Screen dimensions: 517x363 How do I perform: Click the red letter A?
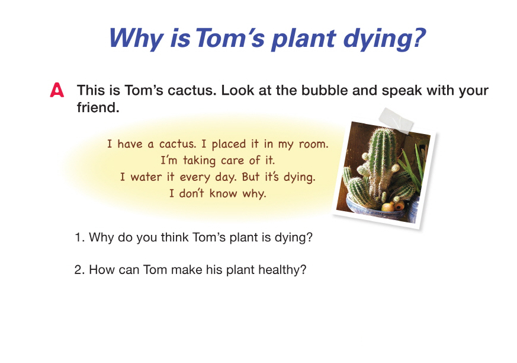click(57, 90)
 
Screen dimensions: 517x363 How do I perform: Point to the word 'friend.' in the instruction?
click(98, 107)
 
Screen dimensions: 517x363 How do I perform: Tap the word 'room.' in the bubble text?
click(313, 144)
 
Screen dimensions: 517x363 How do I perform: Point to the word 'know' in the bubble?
click(223, 193)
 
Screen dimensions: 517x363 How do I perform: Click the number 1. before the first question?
click(80, 237)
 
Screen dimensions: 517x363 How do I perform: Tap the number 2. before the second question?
click(80, 270)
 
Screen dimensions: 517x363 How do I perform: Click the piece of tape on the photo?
click(396, 120)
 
